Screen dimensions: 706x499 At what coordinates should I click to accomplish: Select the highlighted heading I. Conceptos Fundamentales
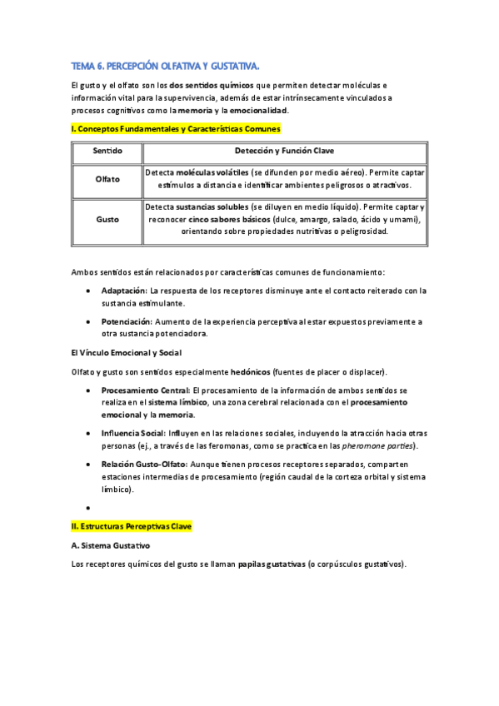[x=176, y=129]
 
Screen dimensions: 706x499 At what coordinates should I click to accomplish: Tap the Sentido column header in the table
[x=107, y=152]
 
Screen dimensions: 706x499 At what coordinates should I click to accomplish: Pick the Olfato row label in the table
[x=107, y=179]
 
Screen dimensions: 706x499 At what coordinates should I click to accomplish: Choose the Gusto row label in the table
[x=107, y=220]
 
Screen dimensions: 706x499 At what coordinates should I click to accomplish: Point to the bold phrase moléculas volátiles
[x=212, y=172]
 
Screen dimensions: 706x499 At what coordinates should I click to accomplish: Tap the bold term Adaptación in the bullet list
[x=123, y=291]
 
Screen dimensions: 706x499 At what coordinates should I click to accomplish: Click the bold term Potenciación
[x=126, y=321]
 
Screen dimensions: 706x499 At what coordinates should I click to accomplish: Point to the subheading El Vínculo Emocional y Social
[x=125, y=353]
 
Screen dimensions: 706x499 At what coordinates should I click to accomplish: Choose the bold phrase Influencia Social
[x=132, y=434]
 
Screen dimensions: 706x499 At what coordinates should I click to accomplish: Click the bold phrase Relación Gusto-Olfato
[x=145, y=464]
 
